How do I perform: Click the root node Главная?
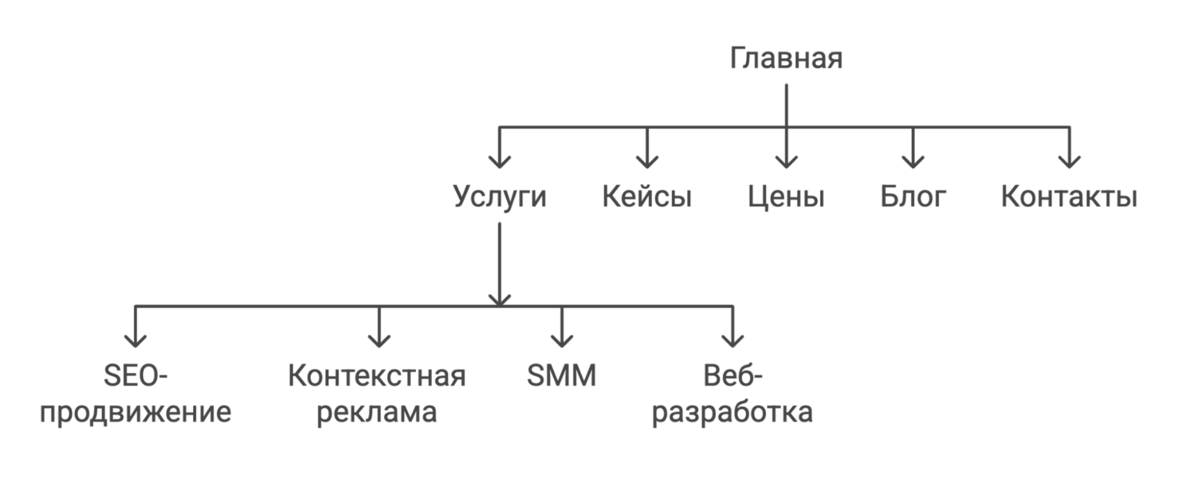click(x=786, y=59)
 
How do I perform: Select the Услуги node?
click(x=499, y=197)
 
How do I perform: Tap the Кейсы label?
click(x=647, y=197)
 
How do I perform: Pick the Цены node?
click(x=787, y=197)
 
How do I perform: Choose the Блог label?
click(x=913, y=197)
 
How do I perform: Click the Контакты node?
click(x=1068, y=197)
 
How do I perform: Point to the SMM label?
click(x=561, y=376)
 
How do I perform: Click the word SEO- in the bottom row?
click(x=136, y=376)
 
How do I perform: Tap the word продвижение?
click(x=136, y=412)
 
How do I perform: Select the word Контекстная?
click(x=377, y=376)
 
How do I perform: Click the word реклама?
click(x=377, y=412)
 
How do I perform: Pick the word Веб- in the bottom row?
click(x=732, y=376)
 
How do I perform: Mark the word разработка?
click(x=732, y=412)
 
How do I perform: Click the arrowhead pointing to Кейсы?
click(x=647, y=161)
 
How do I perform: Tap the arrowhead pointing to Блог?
click(x=913, y=161)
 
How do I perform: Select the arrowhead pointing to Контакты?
click(x=1069, y=161)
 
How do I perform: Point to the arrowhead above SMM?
click(x=561, y=340)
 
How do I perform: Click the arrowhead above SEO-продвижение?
click(x=136, y=340)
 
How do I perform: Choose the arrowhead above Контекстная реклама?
click(x=379, y=340)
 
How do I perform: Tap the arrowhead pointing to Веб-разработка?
click(x=732, y=340)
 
